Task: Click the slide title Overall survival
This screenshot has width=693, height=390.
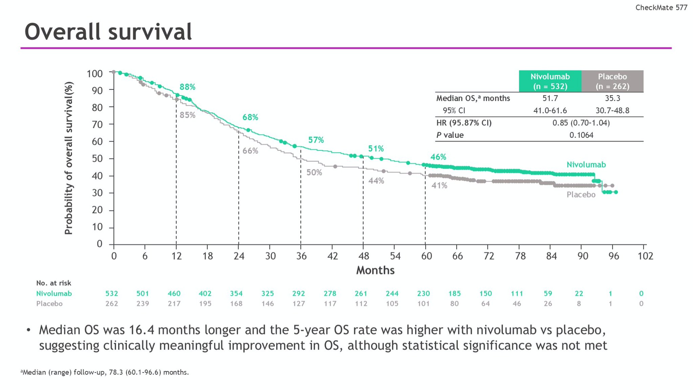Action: [108, 32]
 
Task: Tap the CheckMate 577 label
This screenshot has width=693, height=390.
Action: [661, 7]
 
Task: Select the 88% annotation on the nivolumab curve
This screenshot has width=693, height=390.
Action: [188, 87]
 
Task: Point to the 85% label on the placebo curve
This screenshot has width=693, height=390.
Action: [188, 115]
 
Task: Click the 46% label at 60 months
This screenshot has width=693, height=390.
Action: [438, 157]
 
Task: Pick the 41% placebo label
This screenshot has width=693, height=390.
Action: [439, 185]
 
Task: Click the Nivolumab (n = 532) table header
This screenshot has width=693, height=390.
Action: [550, 81]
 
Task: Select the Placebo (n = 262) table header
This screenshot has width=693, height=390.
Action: [612, 81]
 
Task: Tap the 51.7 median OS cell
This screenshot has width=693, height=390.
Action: [550, 98]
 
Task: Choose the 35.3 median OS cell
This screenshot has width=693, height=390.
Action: [612, 98]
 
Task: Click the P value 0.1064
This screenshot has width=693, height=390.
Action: [581, 135]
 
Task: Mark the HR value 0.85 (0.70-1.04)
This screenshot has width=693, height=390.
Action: [581, 123]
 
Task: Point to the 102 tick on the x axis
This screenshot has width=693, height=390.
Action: [645, 256]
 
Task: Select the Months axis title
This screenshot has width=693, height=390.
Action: [375, 270]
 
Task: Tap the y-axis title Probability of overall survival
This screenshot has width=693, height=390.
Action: [69, 158]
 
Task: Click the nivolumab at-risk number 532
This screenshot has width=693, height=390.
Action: [112, 294]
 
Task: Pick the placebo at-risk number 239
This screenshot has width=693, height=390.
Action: [143, 304]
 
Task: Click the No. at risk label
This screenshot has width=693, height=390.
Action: [53, 283]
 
